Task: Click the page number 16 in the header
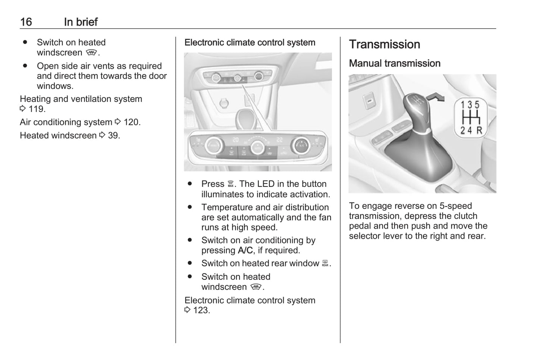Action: tap(26, 22)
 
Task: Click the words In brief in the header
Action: tap(81, 22)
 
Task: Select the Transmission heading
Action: tap(385, 44)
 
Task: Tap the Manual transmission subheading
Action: tap(395, 63)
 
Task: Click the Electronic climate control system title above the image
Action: tap(250, 43)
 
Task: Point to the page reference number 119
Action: tap(37, 109)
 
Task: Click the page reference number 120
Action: tap(131, 122)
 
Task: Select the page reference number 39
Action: tap(113, 135)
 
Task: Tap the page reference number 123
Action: tap(201, 310)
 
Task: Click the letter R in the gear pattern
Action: tap(479, 131)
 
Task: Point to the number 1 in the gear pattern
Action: tap(463, 105)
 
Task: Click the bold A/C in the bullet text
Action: tap(245, 251)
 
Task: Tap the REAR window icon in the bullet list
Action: tap(325, 263)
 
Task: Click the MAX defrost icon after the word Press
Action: tap(231, 184)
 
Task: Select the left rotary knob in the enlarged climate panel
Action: tap(214, 145)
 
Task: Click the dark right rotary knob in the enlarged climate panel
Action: tap(301, 145)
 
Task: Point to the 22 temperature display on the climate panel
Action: tap(279, 140)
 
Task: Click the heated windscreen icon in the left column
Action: tap(91, 53)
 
